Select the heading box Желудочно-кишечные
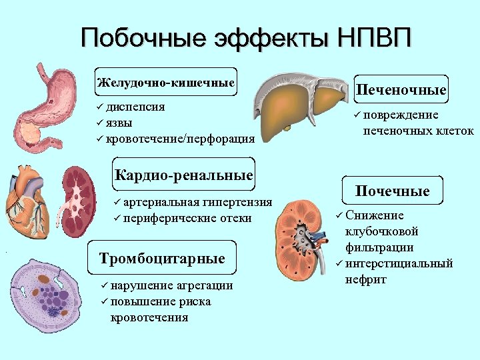(x=165, y=83)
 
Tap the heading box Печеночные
(x=401, y=90)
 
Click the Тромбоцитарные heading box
(x=162, y=258)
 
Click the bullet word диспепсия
(x=136, y=107)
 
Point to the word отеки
(x=236, y=218)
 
